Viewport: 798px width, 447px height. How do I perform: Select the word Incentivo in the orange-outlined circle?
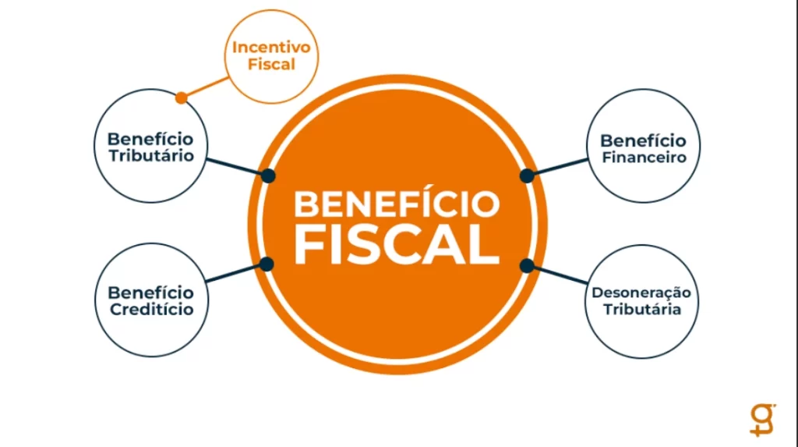[x=271, y=48]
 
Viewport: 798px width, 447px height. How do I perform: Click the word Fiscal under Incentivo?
[x=271, y=64]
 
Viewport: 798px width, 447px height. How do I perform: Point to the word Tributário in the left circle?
[x=151, y=155]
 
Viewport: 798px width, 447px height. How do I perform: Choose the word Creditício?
[x=152, y=310]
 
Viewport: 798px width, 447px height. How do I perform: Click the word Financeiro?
[x=644, y=158]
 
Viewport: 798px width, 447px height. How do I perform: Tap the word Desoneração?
[x=641, y=293]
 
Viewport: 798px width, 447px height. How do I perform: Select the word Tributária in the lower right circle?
[x=642, y=310]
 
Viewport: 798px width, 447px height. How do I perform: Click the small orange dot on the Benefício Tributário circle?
[x=181, y=98]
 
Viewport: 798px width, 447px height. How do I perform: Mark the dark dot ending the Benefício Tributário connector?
[x=268, y=176]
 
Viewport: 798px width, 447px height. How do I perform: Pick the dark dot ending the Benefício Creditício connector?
[x=267, y=264]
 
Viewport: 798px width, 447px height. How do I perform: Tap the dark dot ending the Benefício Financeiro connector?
[x=527, y=176]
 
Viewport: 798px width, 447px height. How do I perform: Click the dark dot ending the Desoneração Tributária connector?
[x=527, y=265]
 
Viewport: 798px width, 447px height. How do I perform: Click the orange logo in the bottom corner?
[x=763, y=420]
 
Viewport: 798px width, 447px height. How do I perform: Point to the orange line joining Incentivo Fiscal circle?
[x=205, y=87]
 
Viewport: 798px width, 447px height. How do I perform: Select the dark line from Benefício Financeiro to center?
[x=557, y=168]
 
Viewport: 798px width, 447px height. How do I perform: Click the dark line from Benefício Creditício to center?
[x=236, y=273]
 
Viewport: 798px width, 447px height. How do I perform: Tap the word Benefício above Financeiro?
[x=643, y=140]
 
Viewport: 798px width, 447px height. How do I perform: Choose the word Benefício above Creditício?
[x=151, y=293]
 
